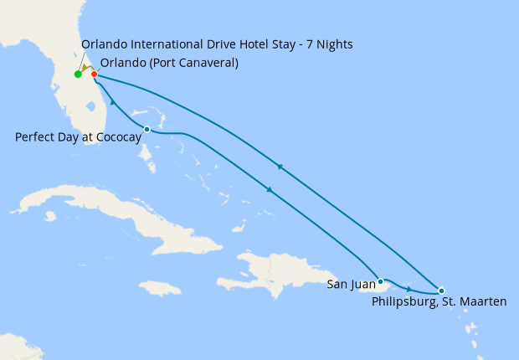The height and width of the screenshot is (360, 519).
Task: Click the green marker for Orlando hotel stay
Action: (78, 75)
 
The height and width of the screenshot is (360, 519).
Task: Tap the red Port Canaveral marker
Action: (94, 75)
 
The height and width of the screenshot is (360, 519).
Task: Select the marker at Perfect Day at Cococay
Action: (147, 129)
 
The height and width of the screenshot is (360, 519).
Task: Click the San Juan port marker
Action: (380, 281)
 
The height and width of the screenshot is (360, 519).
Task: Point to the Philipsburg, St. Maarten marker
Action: (441, 291)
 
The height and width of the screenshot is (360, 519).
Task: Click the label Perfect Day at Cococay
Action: (77, 136)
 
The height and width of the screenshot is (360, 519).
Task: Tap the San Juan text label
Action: (352, 285)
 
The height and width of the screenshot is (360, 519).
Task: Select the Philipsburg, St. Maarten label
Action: (439, 301)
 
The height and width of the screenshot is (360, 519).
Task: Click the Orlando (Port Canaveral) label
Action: (169, 63)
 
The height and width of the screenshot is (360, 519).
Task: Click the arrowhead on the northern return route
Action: (280, 167)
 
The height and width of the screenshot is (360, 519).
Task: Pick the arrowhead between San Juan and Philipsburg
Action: (409, 288)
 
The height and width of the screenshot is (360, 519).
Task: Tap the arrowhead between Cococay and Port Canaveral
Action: (112, 102)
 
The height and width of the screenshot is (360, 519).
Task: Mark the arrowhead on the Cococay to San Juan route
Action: (269, 191)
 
